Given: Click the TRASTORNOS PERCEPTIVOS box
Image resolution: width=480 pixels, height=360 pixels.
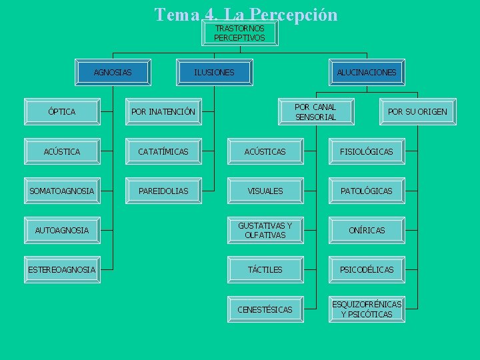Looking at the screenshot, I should pyautogui.click(x=240, y=33).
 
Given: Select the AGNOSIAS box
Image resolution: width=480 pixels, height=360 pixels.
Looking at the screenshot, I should pyautogui.click(x=113, y=72).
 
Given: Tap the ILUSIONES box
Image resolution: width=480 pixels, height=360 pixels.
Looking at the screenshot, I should pyautogui.click(x=214, y=72).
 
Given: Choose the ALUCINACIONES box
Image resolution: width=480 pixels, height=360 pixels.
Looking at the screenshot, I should pyautogui.click(x=366, y=72).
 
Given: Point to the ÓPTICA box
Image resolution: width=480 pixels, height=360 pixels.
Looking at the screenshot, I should pyautogui.click(x=62, y=112).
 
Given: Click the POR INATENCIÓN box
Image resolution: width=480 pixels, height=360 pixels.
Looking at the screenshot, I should pyautogui.click(x=164, y=112).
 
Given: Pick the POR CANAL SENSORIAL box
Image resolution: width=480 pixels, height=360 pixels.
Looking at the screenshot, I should pyautogui.click(x=315, y=112).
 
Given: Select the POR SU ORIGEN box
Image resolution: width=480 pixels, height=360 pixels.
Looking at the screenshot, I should pyautogui.click(x=417, y=112).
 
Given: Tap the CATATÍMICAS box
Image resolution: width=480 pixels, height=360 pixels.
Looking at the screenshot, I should pyautogui.click(x=163, y=152).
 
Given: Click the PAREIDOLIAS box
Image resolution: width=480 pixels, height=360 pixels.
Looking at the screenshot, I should pyautogui.click(x=163, y=191).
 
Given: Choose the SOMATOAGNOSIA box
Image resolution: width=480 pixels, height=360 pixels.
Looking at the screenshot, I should pyautogui.click(x=62, y=191).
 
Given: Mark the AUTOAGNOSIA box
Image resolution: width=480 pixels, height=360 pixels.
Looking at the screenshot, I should pyautogui.click(x=62, y=230).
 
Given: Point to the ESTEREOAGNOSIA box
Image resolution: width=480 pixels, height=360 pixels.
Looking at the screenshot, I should pyautogui.click(x=62, y=269).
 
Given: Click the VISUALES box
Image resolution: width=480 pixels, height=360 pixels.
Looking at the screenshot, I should pyautogui.click(x=265, y=191).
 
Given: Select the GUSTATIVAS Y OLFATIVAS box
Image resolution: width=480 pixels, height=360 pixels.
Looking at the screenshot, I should pyautogui.click(x=265, y=230).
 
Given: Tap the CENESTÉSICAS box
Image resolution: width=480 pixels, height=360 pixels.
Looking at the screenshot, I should pyautogui.click(x=265, y=309).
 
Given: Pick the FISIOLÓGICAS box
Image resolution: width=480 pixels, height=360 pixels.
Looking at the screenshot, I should pyautogui.click(x=367, y=152).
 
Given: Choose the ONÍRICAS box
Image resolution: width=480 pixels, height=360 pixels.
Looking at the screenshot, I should pyautogui.click(x=367, y=230).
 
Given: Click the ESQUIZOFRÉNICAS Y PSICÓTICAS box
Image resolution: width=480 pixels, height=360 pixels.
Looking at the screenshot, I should pyautogui.click(x=367, y=309).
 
